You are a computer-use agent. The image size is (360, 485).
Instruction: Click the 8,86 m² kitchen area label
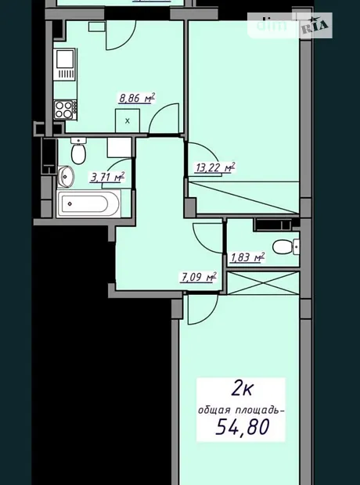137,99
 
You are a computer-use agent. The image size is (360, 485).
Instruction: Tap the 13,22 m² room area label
215,167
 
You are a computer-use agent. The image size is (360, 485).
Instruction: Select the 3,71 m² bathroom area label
107,178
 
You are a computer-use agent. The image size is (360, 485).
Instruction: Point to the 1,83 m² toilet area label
247,257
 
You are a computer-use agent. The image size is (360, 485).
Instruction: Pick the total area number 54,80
242,427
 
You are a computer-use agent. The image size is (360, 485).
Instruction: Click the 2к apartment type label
242,389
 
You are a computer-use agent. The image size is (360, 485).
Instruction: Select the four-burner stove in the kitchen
65,110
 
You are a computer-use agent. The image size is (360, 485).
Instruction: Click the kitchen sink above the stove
65,64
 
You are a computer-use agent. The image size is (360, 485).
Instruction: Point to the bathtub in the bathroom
89,204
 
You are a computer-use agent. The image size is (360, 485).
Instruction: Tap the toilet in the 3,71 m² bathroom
78,151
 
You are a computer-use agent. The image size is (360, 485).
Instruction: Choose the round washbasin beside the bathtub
66,177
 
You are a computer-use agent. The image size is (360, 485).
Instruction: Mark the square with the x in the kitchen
128,121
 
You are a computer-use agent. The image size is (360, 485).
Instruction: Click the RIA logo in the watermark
315,25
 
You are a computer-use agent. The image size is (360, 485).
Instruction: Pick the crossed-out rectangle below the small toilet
263,283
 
